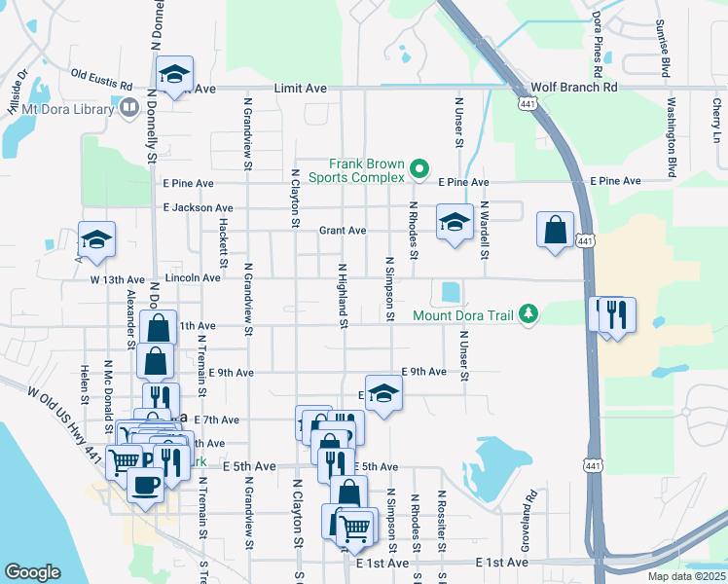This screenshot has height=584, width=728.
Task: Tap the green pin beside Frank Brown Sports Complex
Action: tap(419, 169)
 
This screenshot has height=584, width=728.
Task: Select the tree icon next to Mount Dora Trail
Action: tap(528, 313)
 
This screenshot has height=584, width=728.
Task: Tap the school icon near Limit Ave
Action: tap(174, 74)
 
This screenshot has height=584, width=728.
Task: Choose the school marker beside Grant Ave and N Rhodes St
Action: tap(454, 222)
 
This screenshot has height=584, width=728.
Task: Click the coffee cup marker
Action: tap(146, 484)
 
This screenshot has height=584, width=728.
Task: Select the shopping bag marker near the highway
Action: tap(555, 232)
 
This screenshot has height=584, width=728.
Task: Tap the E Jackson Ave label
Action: tap(199, 207)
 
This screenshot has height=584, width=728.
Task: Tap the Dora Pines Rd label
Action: tap(597, 45)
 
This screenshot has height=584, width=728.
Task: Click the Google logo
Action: tap(32, 571)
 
